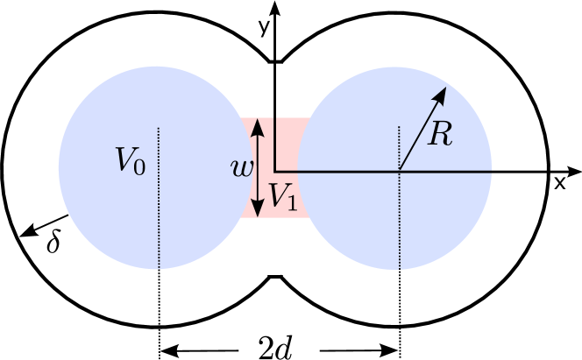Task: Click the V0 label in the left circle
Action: pos(130,161)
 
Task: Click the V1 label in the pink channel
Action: pos(282,196)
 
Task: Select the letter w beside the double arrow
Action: pos(239,169)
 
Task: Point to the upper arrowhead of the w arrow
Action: pos(257,125)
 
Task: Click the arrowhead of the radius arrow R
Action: pos(442,91)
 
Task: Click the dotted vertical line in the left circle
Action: pos(159,210)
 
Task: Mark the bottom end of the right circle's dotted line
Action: pos(400,268)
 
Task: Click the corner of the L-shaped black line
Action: pos(275,170)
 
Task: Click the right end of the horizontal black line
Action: pos(489,170)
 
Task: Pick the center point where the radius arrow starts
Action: pos(400,170)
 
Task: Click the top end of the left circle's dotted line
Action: pos(159,129)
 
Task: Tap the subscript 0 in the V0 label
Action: pos(138,166)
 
